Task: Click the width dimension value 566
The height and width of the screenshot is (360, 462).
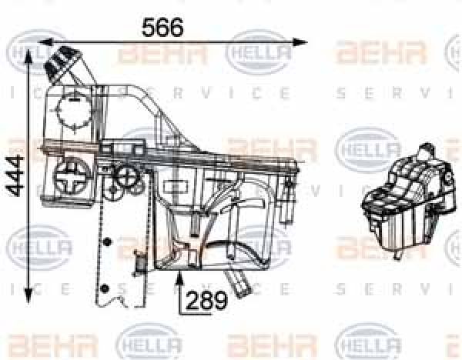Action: [162, 27]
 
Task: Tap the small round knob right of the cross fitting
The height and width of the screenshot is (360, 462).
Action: [124, 177]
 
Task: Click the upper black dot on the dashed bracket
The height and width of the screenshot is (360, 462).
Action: [107, 244]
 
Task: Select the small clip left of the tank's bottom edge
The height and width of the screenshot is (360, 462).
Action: [140, 265]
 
